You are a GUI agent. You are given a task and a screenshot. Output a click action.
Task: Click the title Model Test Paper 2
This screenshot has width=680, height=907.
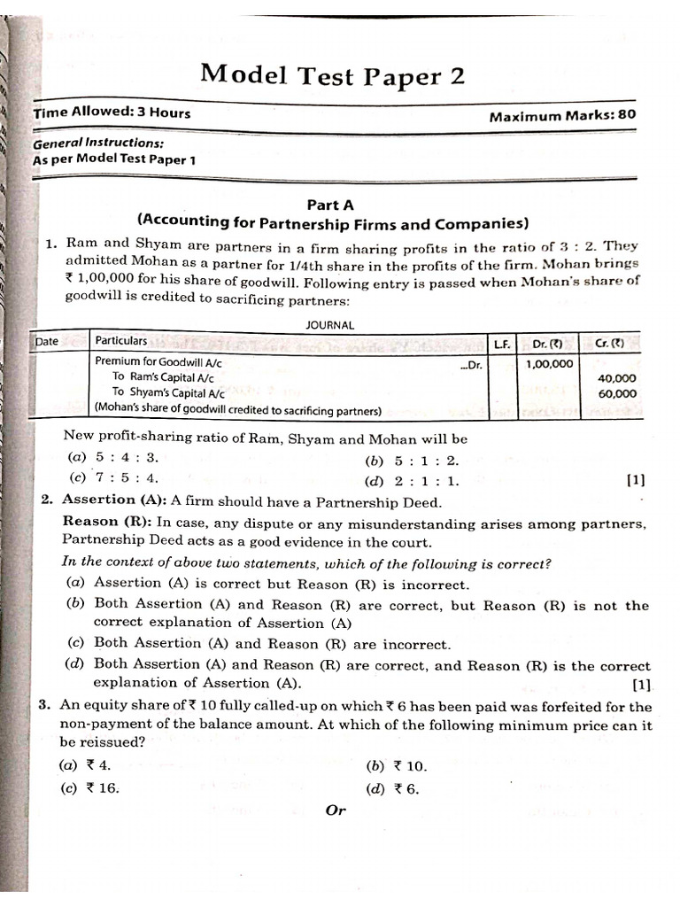coord(332,74)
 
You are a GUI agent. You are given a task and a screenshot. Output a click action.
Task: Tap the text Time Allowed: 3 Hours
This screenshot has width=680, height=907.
coord(112,113)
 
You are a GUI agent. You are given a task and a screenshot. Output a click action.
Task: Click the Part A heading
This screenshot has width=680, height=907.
coord(329,204)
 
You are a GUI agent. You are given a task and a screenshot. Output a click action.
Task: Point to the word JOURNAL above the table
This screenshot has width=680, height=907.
coord(330,325)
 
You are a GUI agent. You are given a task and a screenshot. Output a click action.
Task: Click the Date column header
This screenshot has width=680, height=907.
coord(46,341)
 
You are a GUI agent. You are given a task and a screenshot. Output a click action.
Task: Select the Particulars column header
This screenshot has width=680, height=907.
coord(121,341)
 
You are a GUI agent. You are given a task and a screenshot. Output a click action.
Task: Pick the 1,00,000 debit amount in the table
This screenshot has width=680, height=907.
coord(549,364)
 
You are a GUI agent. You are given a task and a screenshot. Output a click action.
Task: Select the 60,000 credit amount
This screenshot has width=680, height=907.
coord(617,394)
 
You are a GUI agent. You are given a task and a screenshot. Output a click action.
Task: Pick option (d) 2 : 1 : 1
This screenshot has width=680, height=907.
coord(412,482)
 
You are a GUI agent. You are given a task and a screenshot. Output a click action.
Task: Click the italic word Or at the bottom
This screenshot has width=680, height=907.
coord(336,810)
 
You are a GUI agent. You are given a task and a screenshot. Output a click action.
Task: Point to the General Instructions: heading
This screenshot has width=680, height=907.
coord(97,143)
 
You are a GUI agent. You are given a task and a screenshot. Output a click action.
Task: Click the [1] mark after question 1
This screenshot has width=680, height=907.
coord(635,481)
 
